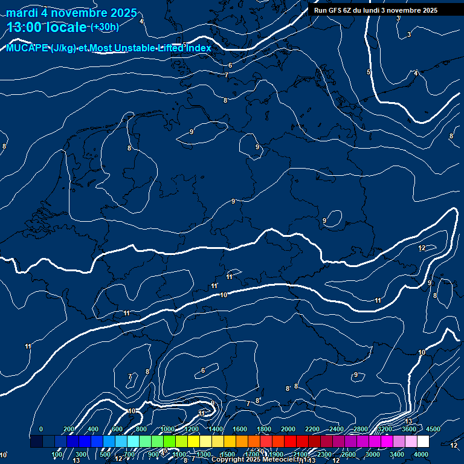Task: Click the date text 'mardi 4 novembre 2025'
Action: click(71, 13)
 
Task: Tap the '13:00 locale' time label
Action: click(47, 27)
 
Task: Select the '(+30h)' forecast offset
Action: click(105, 27)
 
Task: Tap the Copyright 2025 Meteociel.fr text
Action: click(261, 460)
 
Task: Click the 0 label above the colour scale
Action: click(41, 429)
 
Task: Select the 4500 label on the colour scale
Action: click(433, 429)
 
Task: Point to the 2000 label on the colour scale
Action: click(288, 429)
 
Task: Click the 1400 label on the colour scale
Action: click(216, 429)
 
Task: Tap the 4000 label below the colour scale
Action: click(421, 454)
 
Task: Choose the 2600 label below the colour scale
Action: click(349, 454)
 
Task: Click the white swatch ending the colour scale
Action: click(423, 442)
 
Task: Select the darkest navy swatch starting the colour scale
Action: click(36, 442)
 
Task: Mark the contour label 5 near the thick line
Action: click(369, 72)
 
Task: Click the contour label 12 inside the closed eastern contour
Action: click(422, 248)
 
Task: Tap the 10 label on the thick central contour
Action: click(224, 295)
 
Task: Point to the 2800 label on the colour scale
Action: click(361, 429)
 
